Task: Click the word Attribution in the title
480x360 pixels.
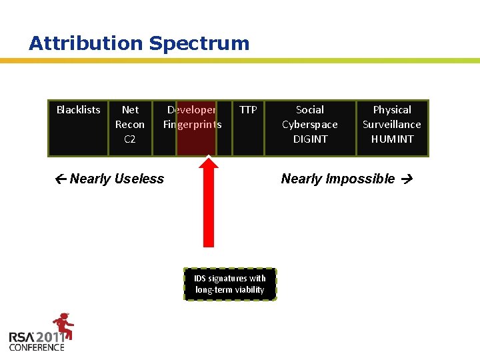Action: [86, 44]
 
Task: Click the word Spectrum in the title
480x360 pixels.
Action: [199, 44]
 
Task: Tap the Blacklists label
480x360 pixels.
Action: [78, 110]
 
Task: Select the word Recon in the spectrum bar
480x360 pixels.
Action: [130, 125]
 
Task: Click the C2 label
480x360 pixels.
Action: [130, 139]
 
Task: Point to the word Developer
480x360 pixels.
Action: [191, 110]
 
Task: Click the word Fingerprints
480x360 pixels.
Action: [192, 125]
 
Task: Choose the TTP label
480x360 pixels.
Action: [248, 110]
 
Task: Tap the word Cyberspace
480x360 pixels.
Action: [310, 125]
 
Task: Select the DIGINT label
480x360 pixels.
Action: [310, 139]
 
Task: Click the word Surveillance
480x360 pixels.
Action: [392, 125]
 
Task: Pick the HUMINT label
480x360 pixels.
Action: [392, 139]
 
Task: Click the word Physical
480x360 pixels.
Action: [392, 110]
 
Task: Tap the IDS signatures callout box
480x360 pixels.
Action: [230, 284]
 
